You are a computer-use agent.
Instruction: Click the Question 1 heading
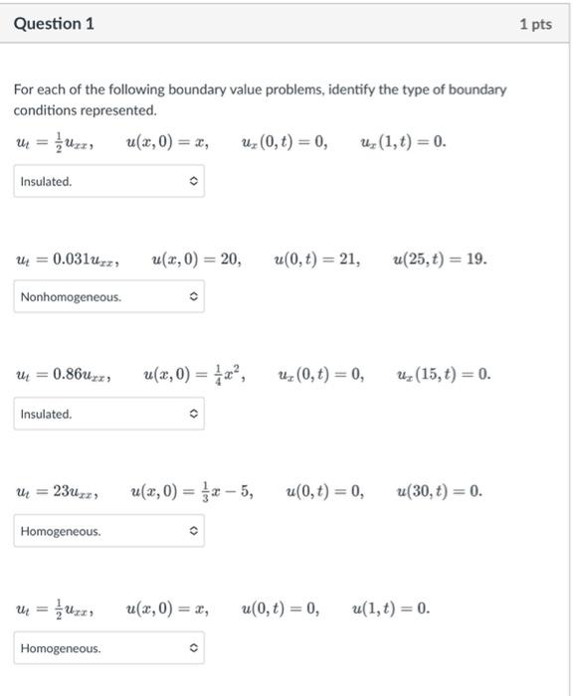[x=54, y=24]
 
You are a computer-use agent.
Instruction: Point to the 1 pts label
[x=534, y=24]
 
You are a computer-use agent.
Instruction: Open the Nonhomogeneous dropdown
[x=108, y=297]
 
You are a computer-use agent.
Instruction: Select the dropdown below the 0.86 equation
[x=108, y=414]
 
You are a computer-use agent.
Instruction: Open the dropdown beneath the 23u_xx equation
[x=108, y=532]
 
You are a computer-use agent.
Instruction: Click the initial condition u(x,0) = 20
[x=196, y=260]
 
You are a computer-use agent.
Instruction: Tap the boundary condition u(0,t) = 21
[x=317, y=260]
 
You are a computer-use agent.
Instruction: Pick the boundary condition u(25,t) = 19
[x=440, y=260]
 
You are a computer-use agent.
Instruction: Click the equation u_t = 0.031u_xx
[x=68, y=261]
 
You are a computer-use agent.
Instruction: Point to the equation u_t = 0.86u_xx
[x=64, y=376]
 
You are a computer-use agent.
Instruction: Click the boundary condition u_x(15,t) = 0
[x=443, y=376]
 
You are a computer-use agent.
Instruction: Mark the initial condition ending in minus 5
[x=191, y=492]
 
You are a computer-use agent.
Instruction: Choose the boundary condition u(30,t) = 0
[x=439, y=492]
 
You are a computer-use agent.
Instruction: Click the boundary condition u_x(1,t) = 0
[x=404, y=142]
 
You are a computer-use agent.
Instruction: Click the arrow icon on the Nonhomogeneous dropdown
[x=193, y=297]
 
